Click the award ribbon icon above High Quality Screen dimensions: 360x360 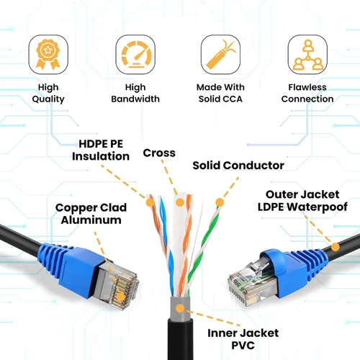click(x=48, y=54)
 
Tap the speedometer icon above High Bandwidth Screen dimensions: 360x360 click(x=135, y=54)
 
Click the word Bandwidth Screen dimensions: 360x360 click(x=135, y=99)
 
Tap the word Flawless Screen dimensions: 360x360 click(x=307, y=87)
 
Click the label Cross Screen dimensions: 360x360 click(x=159, y=153)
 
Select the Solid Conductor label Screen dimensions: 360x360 click(x=238, y=166)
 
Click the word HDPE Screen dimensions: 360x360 click(x=91, y=144)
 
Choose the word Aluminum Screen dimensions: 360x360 click(x=91, y=220)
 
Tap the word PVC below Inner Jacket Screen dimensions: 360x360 click(x=243, y=346)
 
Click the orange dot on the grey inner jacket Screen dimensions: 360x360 click(x=180, y=309)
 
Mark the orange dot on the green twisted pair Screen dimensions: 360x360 click(x=220, y=202)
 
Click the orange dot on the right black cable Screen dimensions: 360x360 click(x=336, y=247)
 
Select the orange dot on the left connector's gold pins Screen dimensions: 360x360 click(x=121, y=297)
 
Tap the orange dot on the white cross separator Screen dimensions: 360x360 click(x=180, y=202)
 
